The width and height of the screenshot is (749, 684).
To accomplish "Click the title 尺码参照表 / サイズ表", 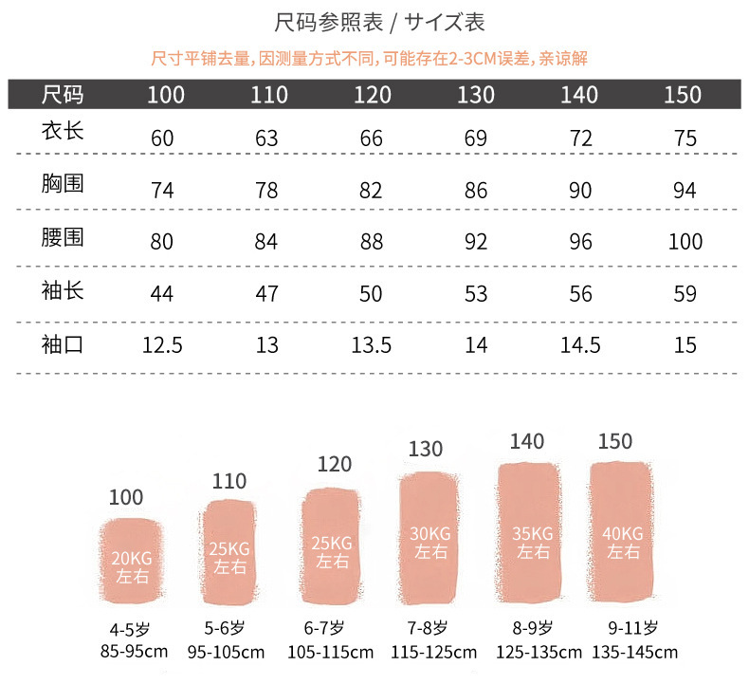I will point(374,22).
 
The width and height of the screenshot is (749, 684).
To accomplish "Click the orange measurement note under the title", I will point(370,59).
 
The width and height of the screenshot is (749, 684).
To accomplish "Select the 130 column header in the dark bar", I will point(476,95).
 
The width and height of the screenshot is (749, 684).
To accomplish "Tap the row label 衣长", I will point(63,130).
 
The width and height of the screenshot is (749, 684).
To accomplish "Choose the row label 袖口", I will point(63,342).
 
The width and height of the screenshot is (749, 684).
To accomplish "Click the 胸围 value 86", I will point(476,190).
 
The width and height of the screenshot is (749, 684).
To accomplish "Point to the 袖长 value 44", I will point(162,293).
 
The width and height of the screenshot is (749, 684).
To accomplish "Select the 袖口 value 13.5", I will point(371,344).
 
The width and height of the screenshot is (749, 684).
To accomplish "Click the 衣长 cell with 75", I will point(685,139).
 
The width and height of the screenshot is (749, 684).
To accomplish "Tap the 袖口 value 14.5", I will point(580,344).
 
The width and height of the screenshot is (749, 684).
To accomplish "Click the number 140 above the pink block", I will point(527,441).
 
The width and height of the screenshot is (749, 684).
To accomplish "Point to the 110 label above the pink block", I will point(229,481).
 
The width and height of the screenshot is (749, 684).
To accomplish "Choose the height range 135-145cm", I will point(634,652).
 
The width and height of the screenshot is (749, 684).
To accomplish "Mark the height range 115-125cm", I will point(433,652).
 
